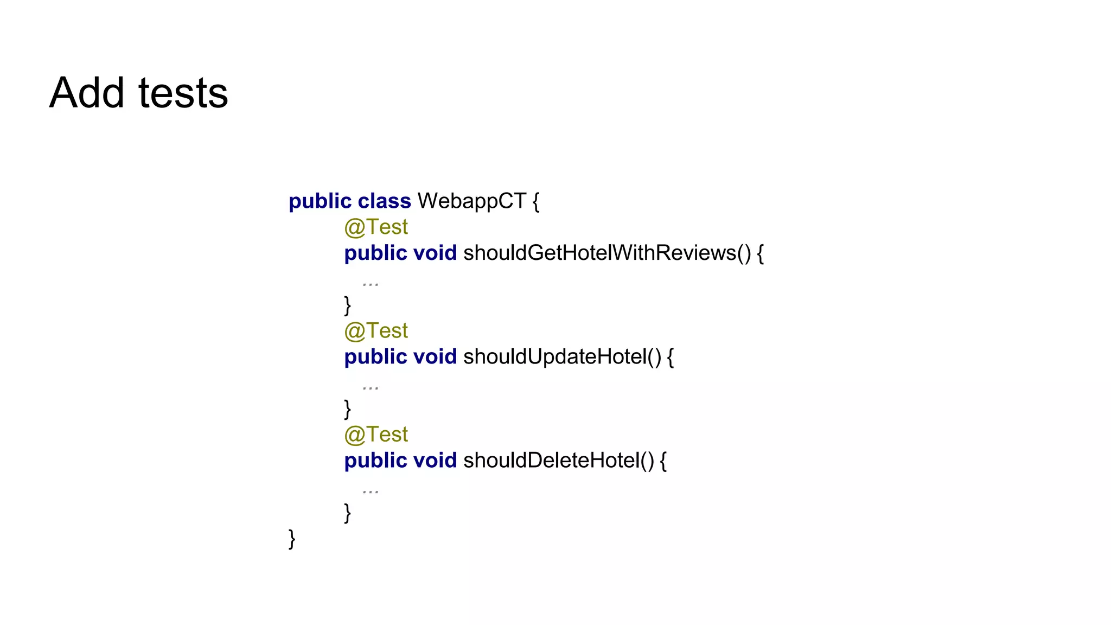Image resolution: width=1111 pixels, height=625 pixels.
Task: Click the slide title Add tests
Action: (x=139, y=93)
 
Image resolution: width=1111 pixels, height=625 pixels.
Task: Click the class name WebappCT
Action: (x=471, y=201)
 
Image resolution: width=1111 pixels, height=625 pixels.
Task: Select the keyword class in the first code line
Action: (x=384, y=201)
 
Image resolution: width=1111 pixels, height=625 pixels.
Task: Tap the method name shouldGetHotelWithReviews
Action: (x=599, y=253)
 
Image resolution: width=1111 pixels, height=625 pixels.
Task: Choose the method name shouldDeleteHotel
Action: (x=551, y=461)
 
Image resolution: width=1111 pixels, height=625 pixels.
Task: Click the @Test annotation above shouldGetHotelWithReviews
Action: (x=376, y=227)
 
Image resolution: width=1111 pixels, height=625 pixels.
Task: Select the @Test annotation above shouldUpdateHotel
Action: (x=376, y=331)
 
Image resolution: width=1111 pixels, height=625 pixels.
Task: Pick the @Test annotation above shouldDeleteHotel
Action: (x=376, y=435)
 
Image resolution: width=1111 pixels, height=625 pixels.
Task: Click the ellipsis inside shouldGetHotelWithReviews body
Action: (x=371, y=283)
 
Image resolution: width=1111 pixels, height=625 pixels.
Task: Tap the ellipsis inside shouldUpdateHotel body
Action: (x=371, y=387)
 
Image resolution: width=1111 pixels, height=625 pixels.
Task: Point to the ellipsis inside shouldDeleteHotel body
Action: (x=371, y=491)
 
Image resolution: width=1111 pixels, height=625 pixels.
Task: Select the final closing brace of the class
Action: (x=292, y=539)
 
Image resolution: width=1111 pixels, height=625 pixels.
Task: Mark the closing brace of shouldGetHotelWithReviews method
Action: (x=347, y=305)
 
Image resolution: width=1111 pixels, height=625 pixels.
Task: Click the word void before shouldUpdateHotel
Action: (x=435, y=357)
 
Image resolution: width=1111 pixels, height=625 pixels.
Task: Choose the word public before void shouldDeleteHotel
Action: (x=375, y=461)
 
